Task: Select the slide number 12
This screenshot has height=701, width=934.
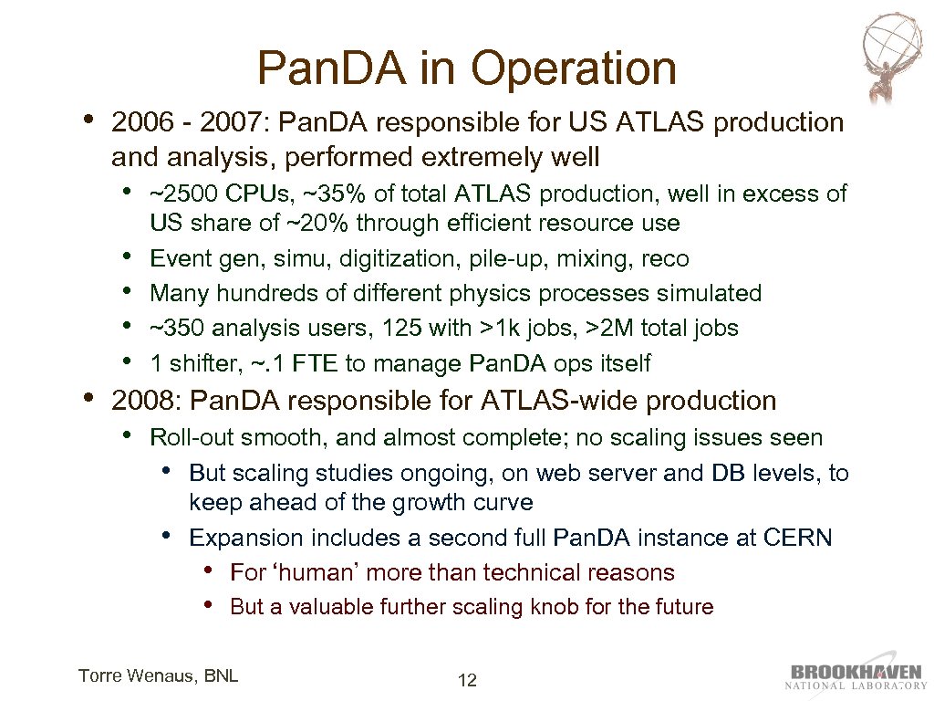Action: point(467,680)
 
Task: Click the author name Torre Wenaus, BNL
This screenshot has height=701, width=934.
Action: point(159,675)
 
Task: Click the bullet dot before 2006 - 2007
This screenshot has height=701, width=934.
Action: point(88,120)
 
